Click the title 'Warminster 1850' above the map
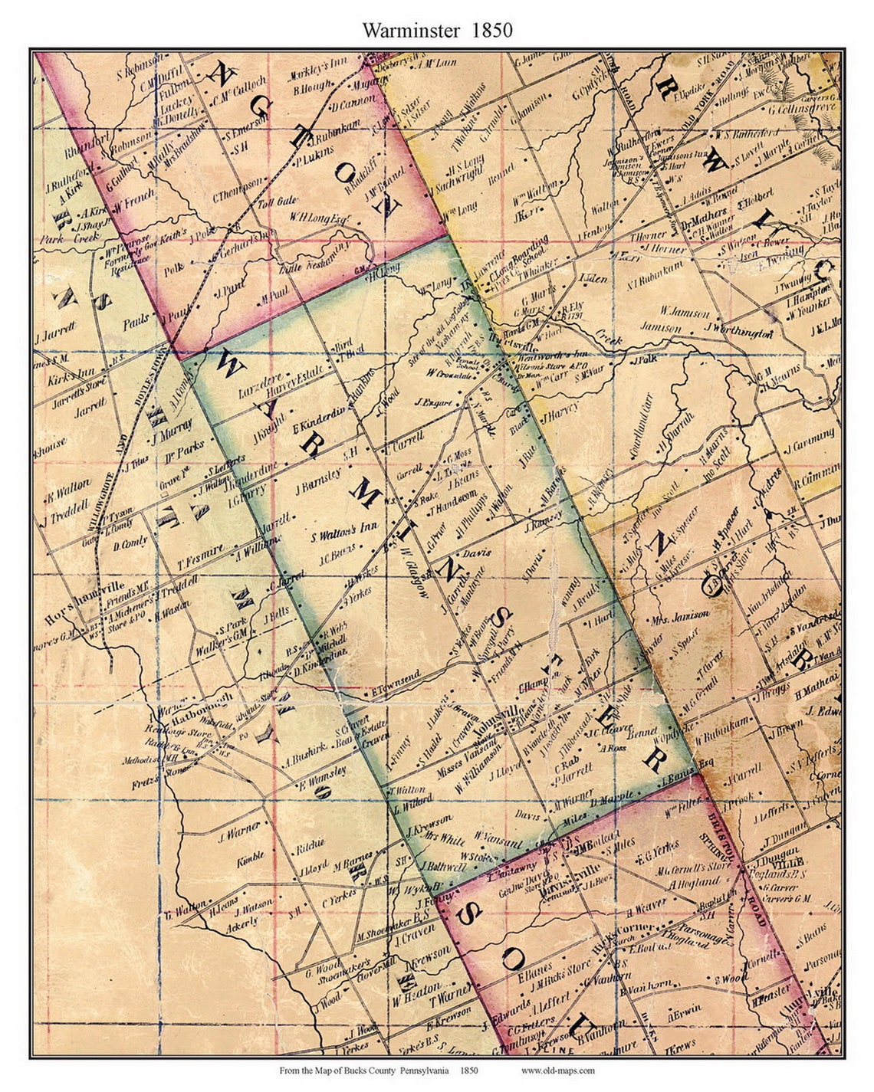[437, 30]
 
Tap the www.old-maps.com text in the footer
[557, 1071]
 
